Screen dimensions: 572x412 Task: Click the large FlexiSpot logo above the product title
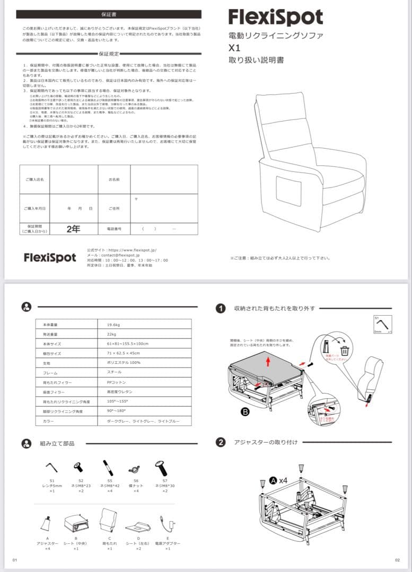(275, 17)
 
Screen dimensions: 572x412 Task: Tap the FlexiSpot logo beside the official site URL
(50, 257)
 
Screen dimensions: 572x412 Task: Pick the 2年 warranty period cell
(74, 229)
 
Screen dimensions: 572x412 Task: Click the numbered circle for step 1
(221, 308)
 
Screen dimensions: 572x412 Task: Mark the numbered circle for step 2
(221, 442)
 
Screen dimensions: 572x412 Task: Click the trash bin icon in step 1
(345, 350)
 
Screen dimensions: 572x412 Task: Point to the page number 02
(397, 560)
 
